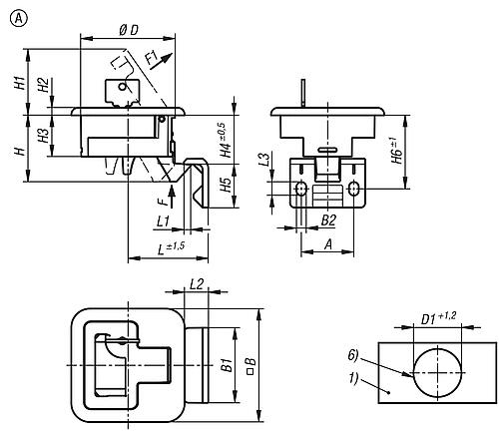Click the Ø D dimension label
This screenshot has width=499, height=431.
pos(128,30)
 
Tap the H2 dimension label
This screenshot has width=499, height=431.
pos(43,87)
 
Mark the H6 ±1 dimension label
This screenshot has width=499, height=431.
pos(395,150)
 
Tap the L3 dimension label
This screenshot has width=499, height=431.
pos(264,161)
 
